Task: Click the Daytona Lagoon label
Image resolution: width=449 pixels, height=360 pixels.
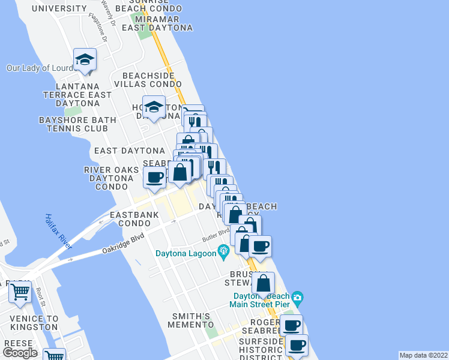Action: (x=185, y=253)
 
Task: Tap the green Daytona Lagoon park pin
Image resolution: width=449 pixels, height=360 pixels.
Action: (x=224, y=251)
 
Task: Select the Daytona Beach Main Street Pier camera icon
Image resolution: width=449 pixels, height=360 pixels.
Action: (x=297, y=298)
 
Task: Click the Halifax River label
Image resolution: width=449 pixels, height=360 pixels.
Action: (x=58, y=230)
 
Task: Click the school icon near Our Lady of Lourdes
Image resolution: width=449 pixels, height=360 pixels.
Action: (x=85, y=60)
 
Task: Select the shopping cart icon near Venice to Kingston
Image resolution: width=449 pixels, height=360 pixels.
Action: (x=20, y=292)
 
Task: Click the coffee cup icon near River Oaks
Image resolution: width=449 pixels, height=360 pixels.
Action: (x=154, y=178)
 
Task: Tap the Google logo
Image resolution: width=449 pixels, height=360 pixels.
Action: (x=20, y=352)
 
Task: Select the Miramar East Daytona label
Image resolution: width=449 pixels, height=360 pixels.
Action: (x=157, y=23)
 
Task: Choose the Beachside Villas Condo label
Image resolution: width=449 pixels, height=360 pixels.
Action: (x=148, y=80)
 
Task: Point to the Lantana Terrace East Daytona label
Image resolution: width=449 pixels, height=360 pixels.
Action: (x=77, y=95)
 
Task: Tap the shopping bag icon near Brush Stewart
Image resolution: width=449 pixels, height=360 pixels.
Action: (x=263, y=283)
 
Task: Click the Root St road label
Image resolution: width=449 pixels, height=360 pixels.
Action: (x=41, y=297)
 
